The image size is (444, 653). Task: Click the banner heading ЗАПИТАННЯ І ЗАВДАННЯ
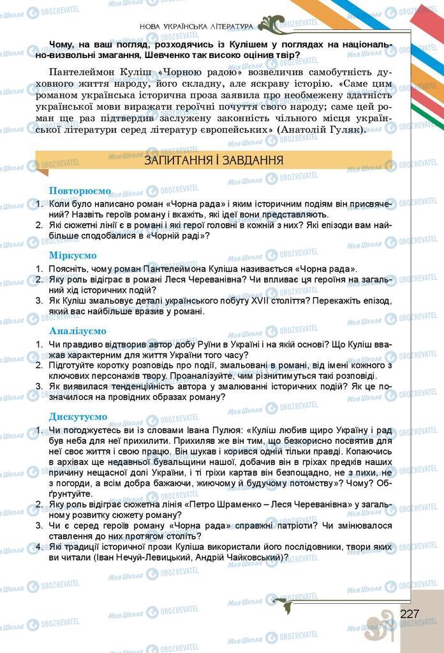[x=214, y=160]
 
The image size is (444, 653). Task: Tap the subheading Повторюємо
[x=80, y=191]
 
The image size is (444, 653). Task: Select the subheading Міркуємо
[x=73, y=255]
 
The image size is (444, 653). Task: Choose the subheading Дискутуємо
[x=78, y=416]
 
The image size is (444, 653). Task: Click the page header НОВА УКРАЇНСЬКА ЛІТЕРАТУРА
[x=195, y=26]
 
